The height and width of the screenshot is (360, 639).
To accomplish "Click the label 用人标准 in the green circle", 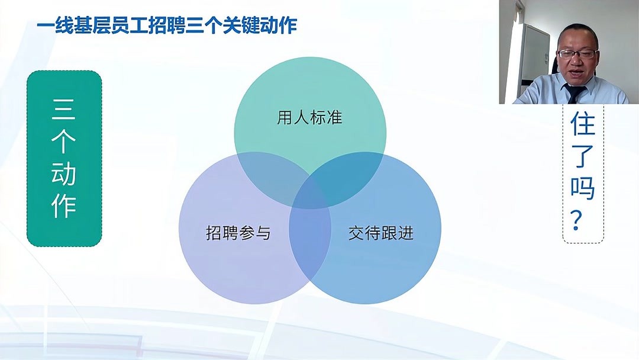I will [x=309, y=117].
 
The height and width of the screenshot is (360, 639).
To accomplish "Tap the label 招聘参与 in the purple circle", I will [x=238, y=233].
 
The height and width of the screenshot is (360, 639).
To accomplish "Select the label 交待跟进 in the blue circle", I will [x=380, y=233].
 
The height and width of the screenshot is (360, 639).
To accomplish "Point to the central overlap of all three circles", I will [x=310, y=192].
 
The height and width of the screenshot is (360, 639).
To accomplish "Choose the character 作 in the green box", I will [x=64, y=205].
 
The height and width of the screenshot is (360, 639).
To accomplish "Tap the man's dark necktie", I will [x=575, y=93].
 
